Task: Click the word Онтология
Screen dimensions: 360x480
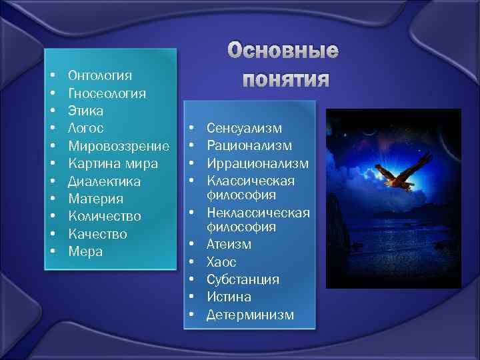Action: click(x=100, y=75)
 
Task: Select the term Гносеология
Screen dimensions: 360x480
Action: click(x=107, y=93)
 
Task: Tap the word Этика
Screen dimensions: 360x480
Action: click(x=86, y=111)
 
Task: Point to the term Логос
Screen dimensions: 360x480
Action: click(x=86, y=128)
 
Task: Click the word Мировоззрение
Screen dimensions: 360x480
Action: click(x=119, y=146)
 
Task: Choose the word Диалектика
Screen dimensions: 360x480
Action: click(x=104, y=181)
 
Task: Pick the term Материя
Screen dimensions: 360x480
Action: click(x=95, y=199)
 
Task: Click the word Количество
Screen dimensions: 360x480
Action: click(x=105, y=217)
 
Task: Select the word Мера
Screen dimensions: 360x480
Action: click(x=85, y=252)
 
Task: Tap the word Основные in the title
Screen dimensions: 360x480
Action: click(x=283, y=51)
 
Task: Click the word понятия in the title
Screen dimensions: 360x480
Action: click(x=285, y=79)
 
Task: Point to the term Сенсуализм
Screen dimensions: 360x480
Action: click(x=245, y=128)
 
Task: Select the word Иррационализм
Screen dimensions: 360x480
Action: click(x=257, y=163)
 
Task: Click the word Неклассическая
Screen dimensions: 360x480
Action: click(x=258, y=213)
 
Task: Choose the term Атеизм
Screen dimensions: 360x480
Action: click(x=229, y=245)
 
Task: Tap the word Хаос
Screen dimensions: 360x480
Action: click(x=221, y=262)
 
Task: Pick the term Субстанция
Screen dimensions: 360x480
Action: click(x=243, y=279)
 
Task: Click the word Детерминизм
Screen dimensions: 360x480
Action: click(x=250, y=315)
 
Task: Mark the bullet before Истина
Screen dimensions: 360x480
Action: click(x=191, y=297)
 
